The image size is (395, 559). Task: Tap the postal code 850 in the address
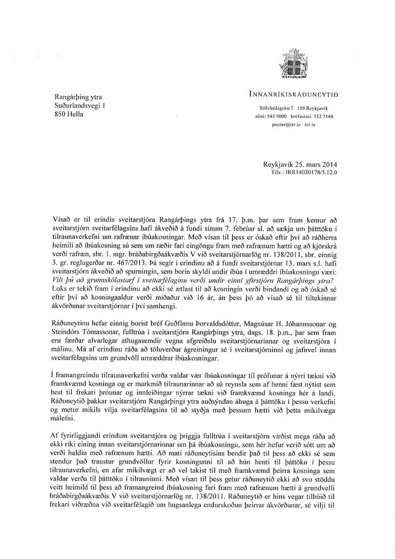click(61, 114)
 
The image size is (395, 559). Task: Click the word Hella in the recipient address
click(75, 114)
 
